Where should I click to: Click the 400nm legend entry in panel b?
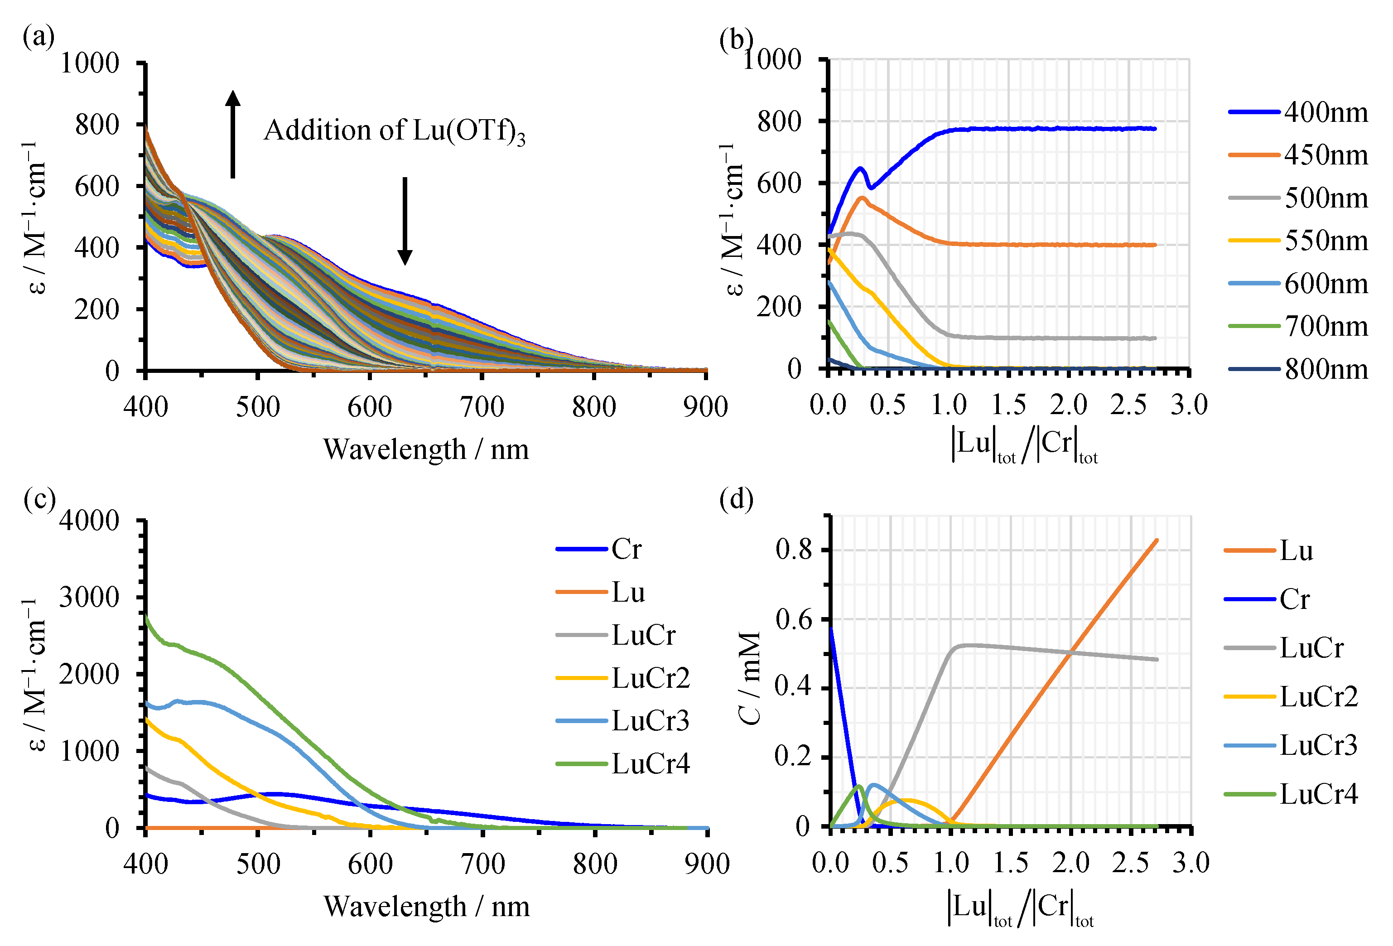click(1298, 112)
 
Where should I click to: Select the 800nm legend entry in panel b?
click(1298, 369)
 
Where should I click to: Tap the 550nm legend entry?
click(1298, 241)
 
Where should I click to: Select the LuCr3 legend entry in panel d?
click(1291, 745)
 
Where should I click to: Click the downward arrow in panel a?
click(405, 221)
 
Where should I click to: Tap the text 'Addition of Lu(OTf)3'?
click(395, 131)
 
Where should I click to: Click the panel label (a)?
click(39, 37)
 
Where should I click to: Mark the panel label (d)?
click(736, 499)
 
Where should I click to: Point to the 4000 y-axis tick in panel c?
click(89, 521)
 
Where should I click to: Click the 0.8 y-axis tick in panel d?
click(794, 549)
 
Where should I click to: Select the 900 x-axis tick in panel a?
click(705, 407)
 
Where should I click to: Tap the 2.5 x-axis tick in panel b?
click(1128, 405)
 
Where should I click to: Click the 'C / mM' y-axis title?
click(751, 677)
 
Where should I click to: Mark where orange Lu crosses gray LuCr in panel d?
click(1071, 652)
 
